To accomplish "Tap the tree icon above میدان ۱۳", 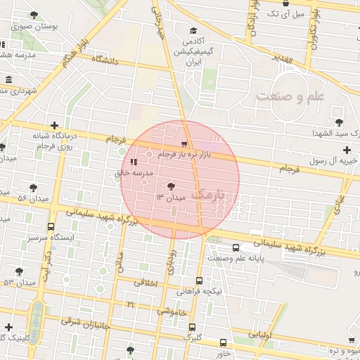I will click(169, 186).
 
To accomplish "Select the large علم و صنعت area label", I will click(290, 96).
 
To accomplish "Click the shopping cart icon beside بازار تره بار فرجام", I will click(185, 143).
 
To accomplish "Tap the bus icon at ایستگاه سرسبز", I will click(51, 227).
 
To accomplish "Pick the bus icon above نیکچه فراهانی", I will click(199, 281).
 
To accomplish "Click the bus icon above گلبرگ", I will click(192, 326).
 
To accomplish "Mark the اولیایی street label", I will click(262, 334).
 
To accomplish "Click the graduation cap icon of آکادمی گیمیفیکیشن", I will click(193, 31).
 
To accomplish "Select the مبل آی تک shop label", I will click(290, 13).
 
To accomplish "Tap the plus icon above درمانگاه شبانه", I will click(53, 125).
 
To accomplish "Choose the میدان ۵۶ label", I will click(32, 198).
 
